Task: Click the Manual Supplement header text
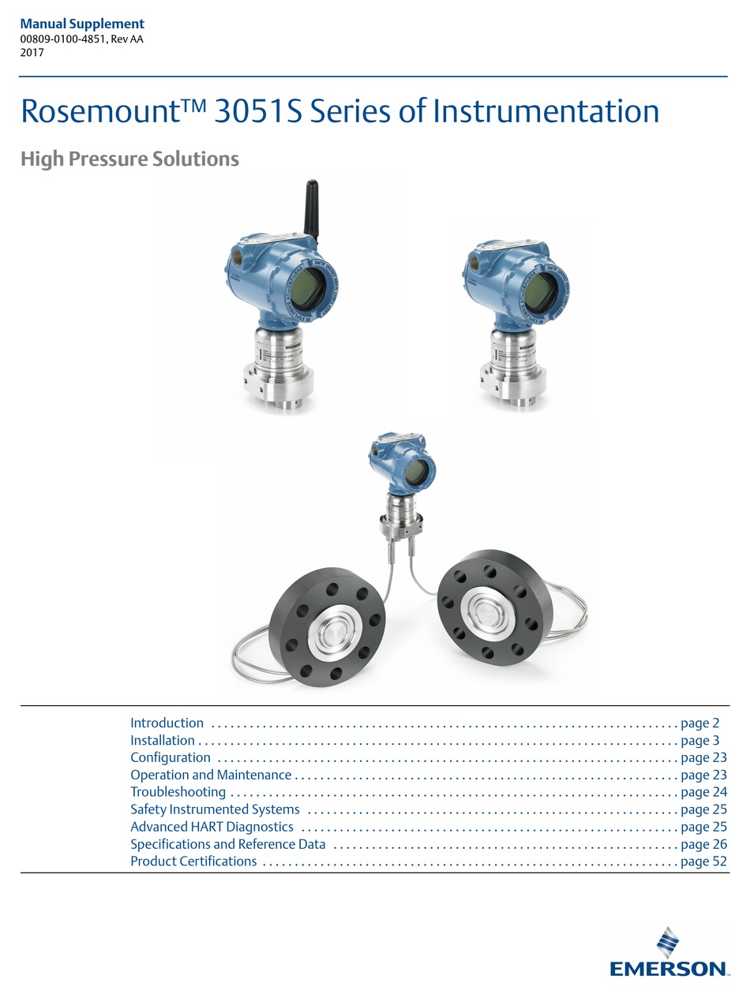[x=82, y=24]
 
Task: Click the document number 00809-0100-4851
[x=63, y=39]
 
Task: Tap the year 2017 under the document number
[x=32, y=53]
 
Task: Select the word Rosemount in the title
[x=100, y=111]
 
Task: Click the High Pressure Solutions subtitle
[x=130, y=159]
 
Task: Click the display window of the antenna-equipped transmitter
[x=308, y=288]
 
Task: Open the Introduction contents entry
[x=167, y=723]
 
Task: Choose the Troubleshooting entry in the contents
[x=178, y=792]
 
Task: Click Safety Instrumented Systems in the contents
[x=215, y=809]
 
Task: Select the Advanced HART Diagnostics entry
[x=212, y=827]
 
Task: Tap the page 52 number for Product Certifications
[x=703, y=861]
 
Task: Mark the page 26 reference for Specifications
[x=703, y=844]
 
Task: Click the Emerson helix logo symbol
[x=668, y=944]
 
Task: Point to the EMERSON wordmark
[x=669, y=969]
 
